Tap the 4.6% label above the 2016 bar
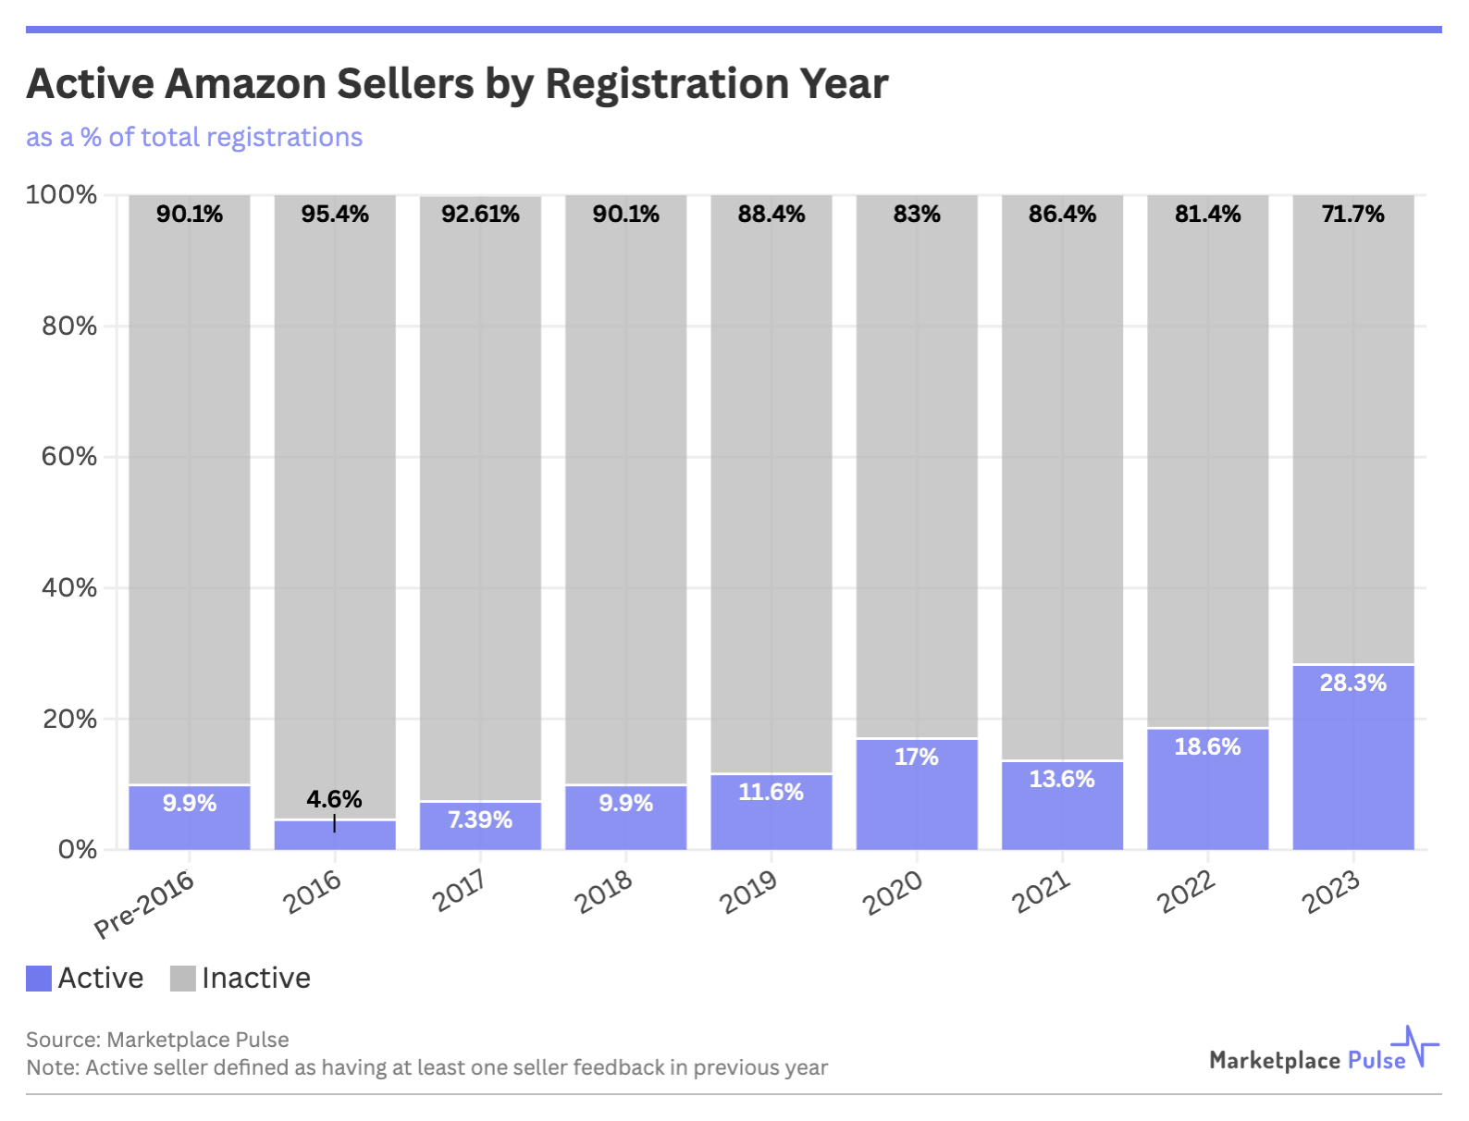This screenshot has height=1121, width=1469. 334,799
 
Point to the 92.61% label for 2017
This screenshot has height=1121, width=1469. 480,215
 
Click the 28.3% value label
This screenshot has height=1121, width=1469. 1352,684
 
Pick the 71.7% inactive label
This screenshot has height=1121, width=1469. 1352,215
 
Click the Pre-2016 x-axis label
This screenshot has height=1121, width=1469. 145,904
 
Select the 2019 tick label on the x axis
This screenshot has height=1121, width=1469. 748,893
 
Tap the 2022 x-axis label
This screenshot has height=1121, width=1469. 1186,893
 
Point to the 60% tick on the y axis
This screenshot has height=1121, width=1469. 69,457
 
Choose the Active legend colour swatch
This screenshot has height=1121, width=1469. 39,979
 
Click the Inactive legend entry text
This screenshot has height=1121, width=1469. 256,979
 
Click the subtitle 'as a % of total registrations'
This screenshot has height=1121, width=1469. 194,138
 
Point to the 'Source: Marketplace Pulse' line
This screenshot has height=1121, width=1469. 157,1040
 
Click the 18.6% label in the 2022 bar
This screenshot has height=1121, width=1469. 1207,747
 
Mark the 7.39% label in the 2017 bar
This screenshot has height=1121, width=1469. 480,820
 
